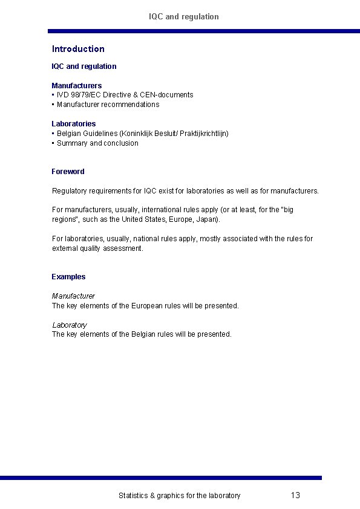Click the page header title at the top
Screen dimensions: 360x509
pyautogui.click(x=184, y=16)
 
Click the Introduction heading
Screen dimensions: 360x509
pyautogui.click(x=78, y=49)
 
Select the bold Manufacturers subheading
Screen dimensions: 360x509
pyautogui.click(x=76, y=85)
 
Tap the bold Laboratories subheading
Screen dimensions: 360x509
pyautogui.click(x=73, y=123)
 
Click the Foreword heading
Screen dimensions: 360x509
pyautogui.click(x=68, y=172)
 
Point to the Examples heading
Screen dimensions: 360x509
pyautogui.click(x=68, y=277)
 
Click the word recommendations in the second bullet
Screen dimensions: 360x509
pyautogui.click(x=130, y=105)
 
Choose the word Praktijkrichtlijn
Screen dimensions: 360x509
pyautogui.click(x=203, y=133)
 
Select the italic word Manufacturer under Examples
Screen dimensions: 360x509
pyautogui.click(x=73, y=296)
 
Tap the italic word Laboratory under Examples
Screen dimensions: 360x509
pyautogui.click(x=69, y=325)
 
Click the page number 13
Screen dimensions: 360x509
pyautogui.click(x=295, y=496)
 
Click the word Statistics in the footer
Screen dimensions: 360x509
pyautogui.click(x=133, y=496)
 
